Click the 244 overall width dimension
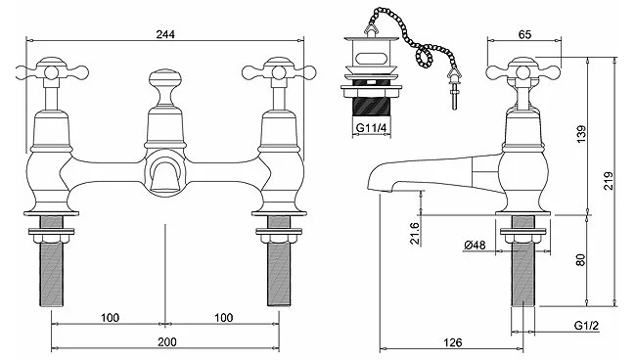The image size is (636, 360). (x=165, y=34)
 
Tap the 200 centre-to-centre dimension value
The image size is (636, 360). (x=167, y=342)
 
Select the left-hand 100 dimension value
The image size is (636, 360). (x=110, y=317)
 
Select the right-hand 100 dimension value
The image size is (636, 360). (x=223, y=317)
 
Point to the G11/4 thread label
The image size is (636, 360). (x=371, y=128)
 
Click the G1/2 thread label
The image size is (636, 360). (x=586, y=326)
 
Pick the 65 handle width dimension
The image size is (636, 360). (x=524, y=34)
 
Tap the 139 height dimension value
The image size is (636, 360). (x=581, y=134)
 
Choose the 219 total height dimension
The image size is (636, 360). (x=609, y=181)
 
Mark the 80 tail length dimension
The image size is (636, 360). (x=581, y=260)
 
